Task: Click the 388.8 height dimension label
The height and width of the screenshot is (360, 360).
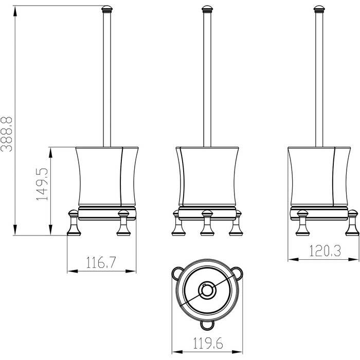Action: pos(6,134)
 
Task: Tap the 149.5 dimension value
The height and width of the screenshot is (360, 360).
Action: pos(42,184)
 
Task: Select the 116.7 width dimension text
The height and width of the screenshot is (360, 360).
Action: pos(101,262)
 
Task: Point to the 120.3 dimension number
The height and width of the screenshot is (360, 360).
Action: pos(325,251)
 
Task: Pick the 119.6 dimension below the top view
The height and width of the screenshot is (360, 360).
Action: pos(208,343)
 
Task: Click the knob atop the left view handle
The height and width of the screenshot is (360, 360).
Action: pos(107,9)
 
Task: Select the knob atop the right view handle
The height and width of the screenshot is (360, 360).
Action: pos(319,9)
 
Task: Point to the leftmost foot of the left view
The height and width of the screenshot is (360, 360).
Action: pos(74,223)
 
